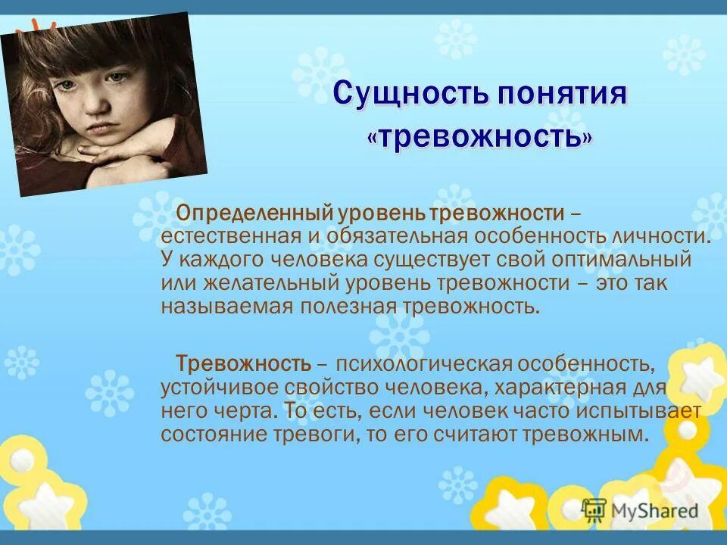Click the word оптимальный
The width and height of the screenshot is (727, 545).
634,259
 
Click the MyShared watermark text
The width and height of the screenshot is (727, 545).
654,511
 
